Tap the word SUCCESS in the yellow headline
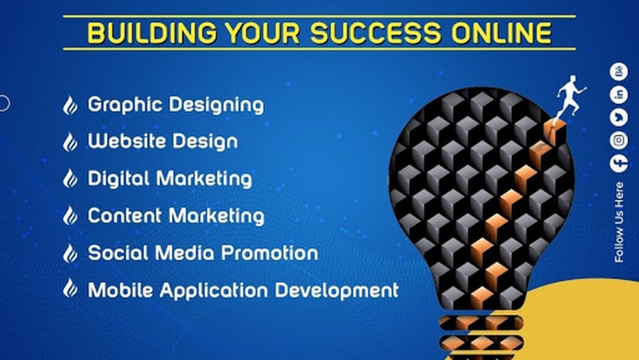coord(375,33)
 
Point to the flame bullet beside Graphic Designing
coord(70,105)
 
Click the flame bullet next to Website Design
coord(70,142)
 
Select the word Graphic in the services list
coord(125,105)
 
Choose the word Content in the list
coord(125,216)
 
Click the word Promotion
coord(270,253)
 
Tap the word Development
coord(337,290)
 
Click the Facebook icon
coord(619,163)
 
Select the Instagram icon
coord(619,140)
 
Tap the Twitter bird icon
coord(619,117)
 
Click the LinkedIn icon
coord(619,95)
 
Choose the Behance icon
coord(619,72)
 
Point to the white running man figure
coord(570,98)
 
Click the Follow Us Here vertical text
coord(619,222)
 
